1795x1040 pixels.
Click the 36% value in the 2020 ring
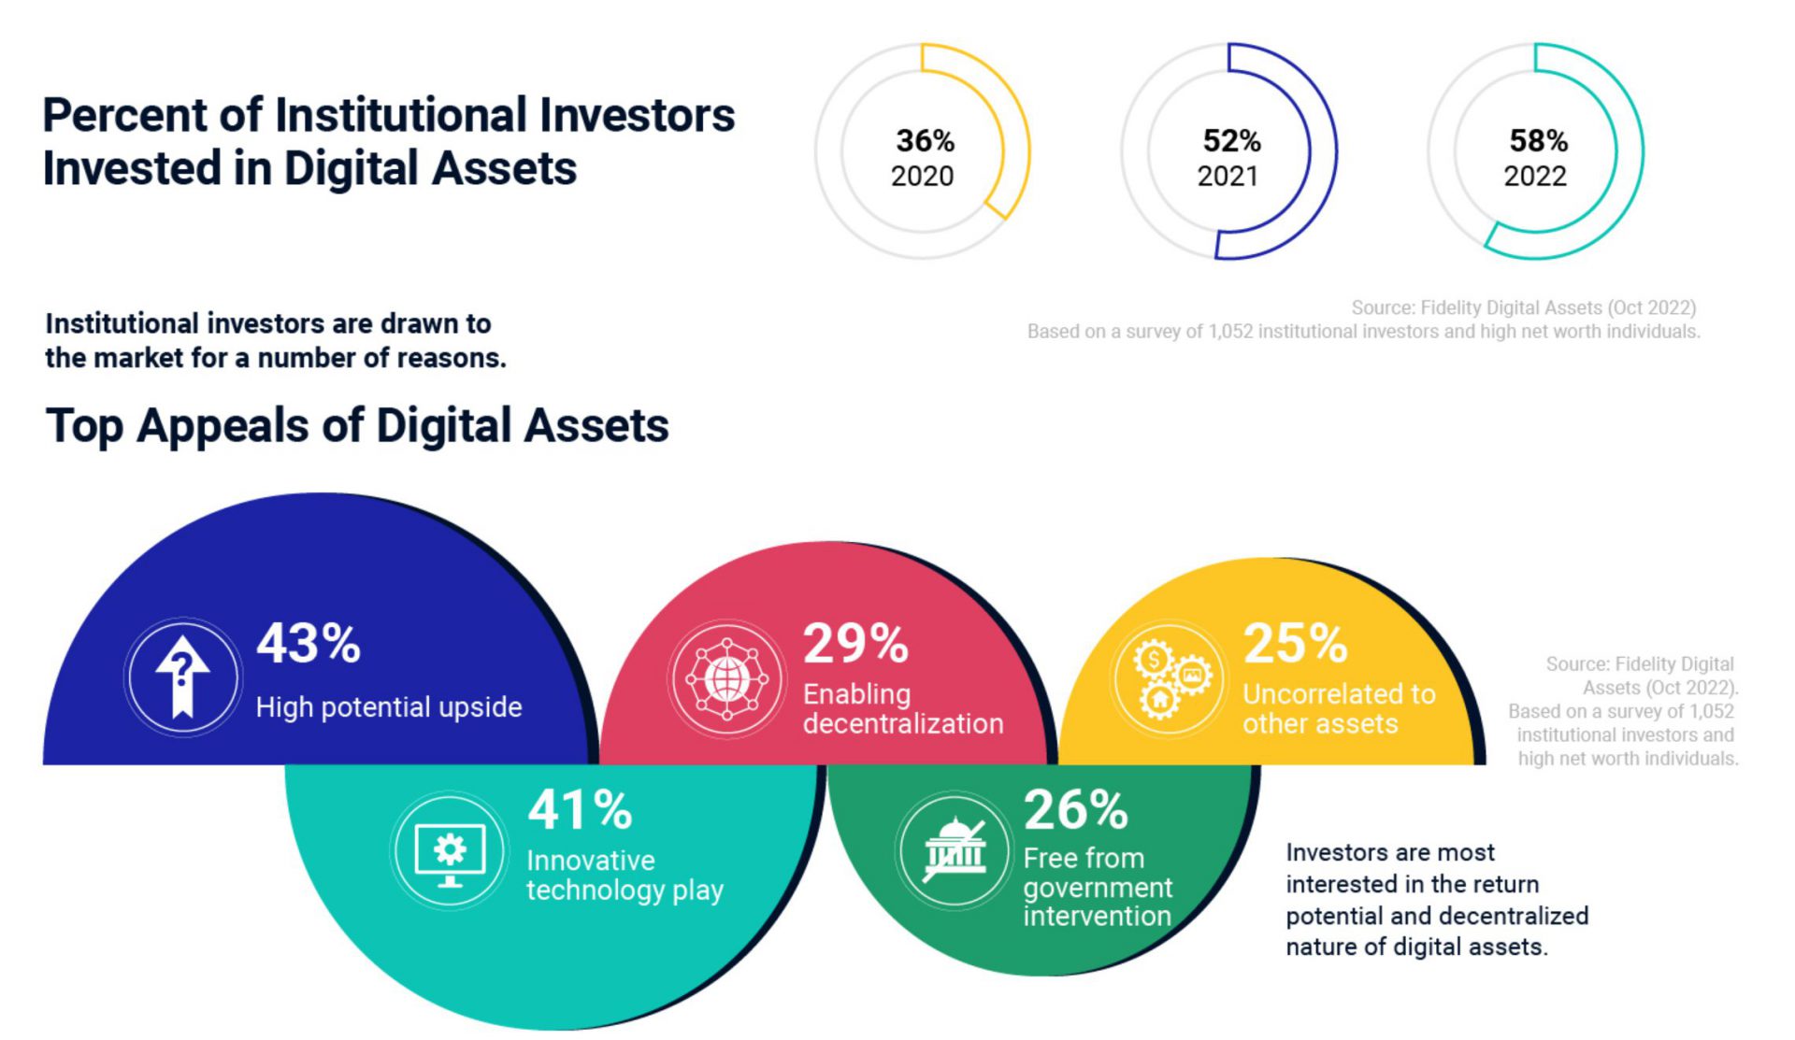(x=925, y=141)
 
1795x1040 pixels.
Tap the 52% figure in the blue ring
(x=1231, y=141)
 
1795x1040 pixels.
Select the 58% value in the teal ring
(x=1538, y=141)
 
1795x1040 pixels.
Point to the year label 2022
(x=1534, y=176)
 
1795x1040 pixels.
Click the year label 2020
(x=922, y=176)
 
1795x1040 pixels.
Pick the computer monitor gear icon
(x=450, y=850)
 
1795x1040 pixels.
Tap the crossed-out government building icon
(x=954, y=850)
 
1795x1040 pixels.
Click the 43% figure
(x=309, y=644)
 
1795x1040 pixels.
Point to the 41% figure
(x=580, y=809)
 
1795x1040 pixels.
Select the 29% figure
(x=855, y=644)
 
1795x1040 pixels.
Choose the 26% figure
(x=1075, y=809)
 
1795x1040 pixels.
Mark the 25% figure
(x=1295, y=644)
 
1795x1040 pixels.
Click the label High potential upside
(x=389, y=707)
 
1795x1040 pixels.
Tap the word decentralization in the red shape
(x=902, y=724)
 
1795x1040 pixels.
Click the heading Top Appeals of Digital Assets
(x=357, y=425)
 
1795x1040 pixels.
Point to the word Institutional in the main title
(x=401, y=115)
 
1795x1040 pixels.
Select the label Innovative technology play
(x=625, y=876)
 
